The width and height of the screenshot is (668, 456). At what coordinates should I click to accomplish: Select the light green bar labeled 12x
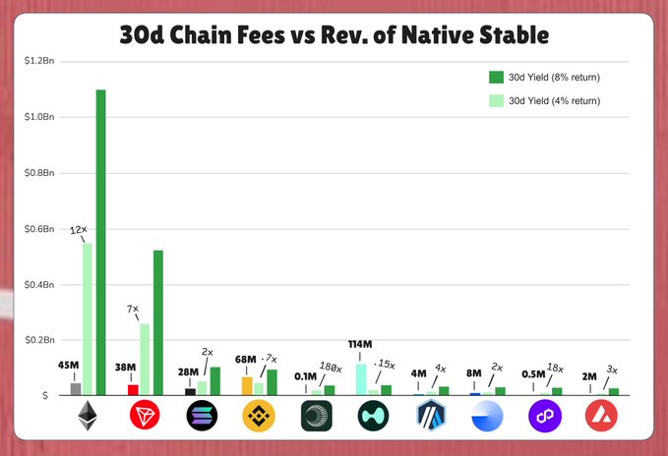click(88, 318)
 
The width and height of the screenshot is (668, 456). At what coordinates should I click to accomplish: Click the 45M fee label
click(68, 366)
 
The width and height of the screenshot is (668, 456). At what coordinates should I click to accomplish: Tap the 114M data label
click(360, 344)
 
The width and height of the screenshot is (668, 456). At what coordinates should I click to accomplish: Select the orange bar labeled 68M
click(247, 385)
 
